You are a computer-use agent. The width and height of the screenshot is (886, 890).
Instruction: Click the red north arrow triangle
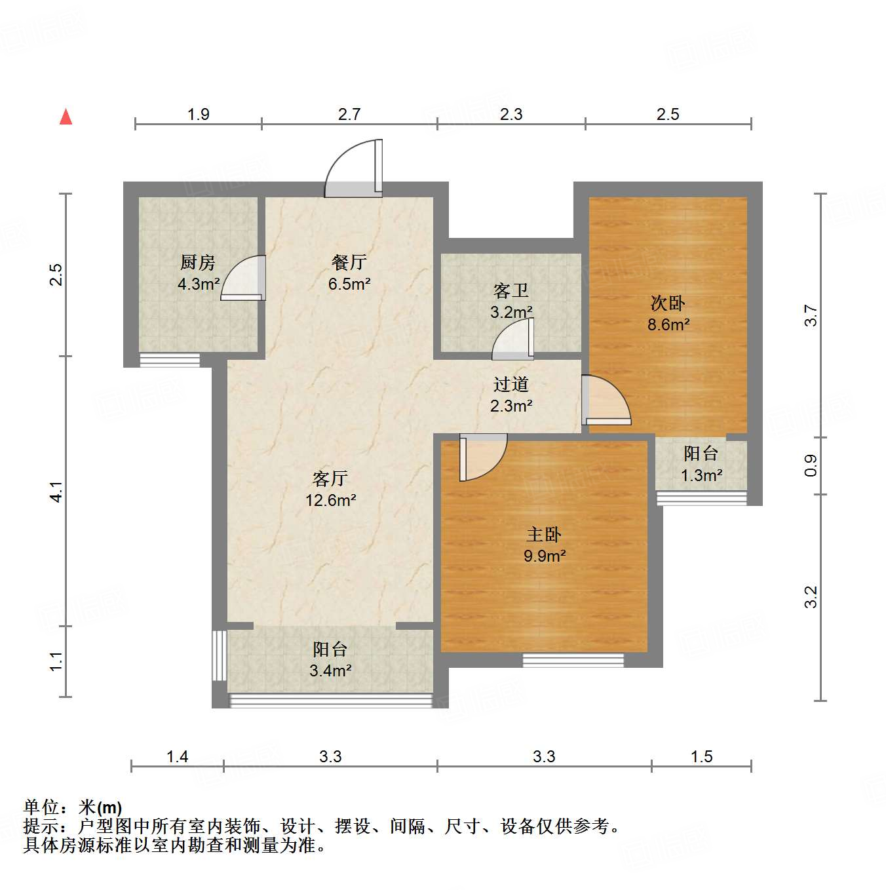click(66, 117)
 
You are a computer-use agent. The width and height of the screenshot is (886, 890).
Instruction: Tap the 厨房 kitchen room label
click(198, 263)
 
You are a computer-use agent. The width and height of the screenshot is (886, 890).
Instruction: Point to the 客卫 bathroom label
click(511, 290)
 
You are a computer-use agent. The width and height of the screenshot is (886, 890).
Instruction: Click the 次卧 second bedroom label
click(668, 303)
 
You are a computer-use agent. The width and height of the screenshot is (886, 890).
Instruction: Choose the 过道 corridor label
click(511, 385)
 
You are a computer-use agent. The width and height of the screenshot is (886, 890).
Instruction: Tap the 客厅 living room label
click(330, 478)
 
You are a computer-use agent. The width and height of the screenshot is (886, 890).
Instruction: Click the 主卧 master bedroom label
click(544, 535)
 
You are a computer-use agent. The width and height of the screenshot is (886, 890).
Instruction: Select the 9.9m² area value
click(545, 556)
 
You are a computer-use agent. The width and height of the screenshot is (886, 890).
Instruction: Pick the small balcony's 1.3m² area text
click(701, 475)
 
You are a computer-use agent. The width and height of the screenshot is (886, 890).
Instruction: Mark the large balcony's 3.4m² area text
click(330, 670)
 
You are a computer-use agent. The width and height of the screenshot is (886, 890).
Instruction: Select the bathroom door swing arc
click(513, 340)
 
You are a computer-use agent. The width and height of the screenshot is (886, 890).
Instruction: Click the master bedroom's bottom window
click(573, 660)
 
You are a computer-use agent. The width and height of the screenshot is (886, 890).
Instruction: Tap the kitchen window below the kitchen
click(170, 359)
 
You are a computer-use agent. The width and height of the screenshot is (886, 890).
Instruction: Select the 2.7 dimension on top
click(349, 115)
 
